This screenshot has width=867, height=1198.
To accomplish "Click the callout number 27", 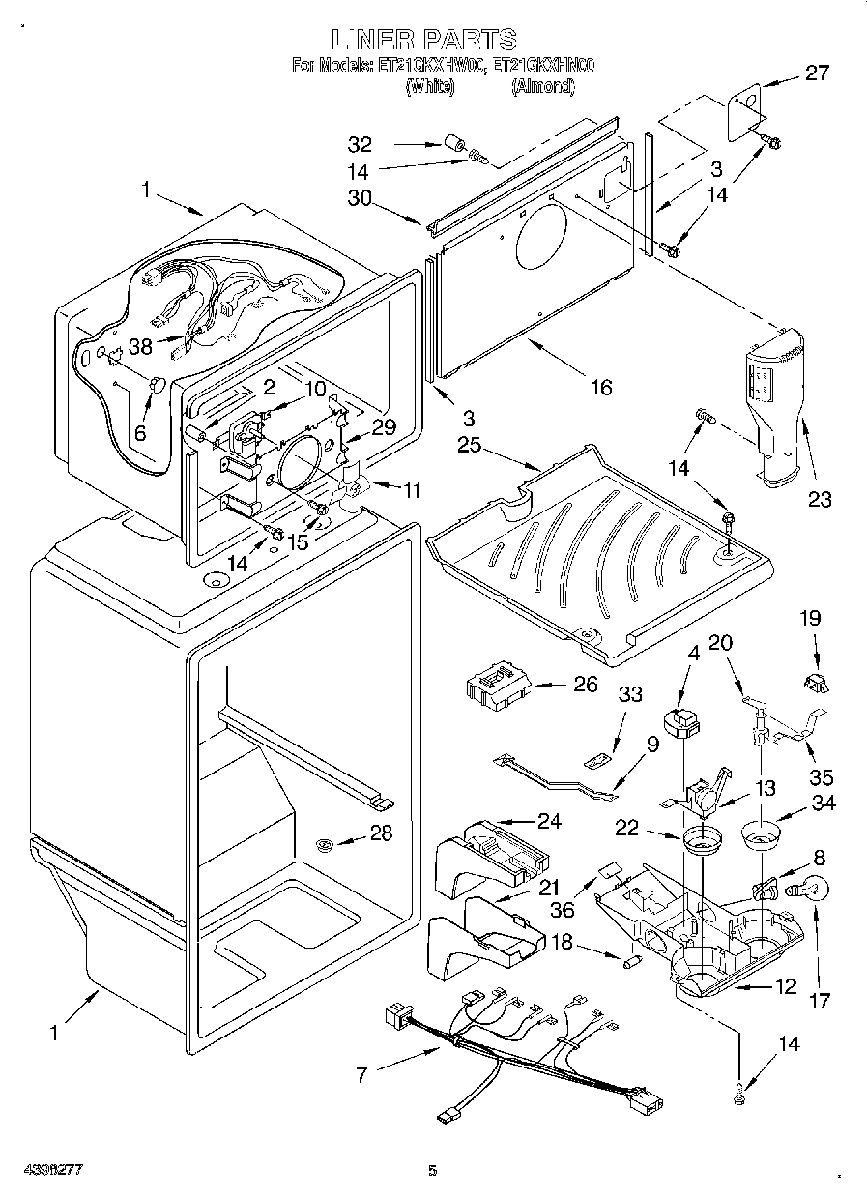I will [x=817, y=72].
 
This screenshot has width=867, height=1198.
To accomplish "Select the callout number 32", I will [x=360, y=145].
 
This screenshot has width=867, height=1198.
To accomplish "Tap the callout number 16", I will [x=601, y=388].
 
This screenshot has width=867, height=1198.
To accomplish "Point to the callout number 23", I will [x=821, y=500].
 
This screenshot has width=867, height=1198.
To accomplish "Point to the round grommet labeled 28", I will [x=326, y=845].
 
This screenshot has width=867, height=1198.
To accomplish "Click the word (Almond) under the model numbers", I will [x=542, y=87].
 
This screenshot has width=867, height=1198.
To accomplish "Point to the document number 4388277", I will [x=54, y=1170].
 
